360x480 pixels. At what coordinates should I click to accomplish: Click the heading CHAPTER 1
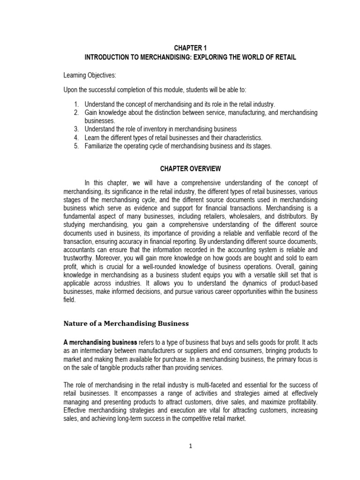click(190, 48)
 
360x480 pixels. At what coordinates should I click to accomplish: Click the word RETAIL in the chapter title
click(286, 57)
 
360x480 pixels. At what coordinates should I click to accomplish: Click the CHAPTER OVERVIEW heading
click(190, 168)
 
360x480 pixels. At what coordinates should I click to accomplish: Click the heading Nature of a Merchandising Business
click(126, 323)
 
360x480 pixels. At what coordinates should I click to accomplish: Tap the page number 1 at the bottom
click(190, 446)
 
